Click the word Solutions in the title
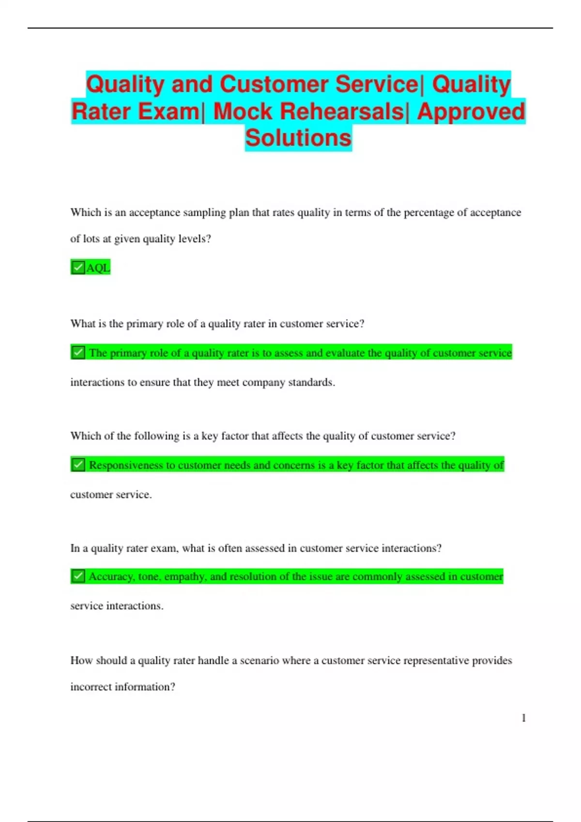coord(298,138)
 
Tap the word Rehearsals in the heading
coord(308,111)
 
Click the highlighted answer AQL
coord(98,268)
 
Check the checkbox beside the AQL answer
coord(77,267)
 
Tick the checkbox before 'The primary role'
coord(78,352)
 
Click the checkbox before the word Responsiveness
coord(78,465)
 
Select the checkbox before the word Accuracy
coord(78,576)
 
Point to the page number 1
coord(523,718)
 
